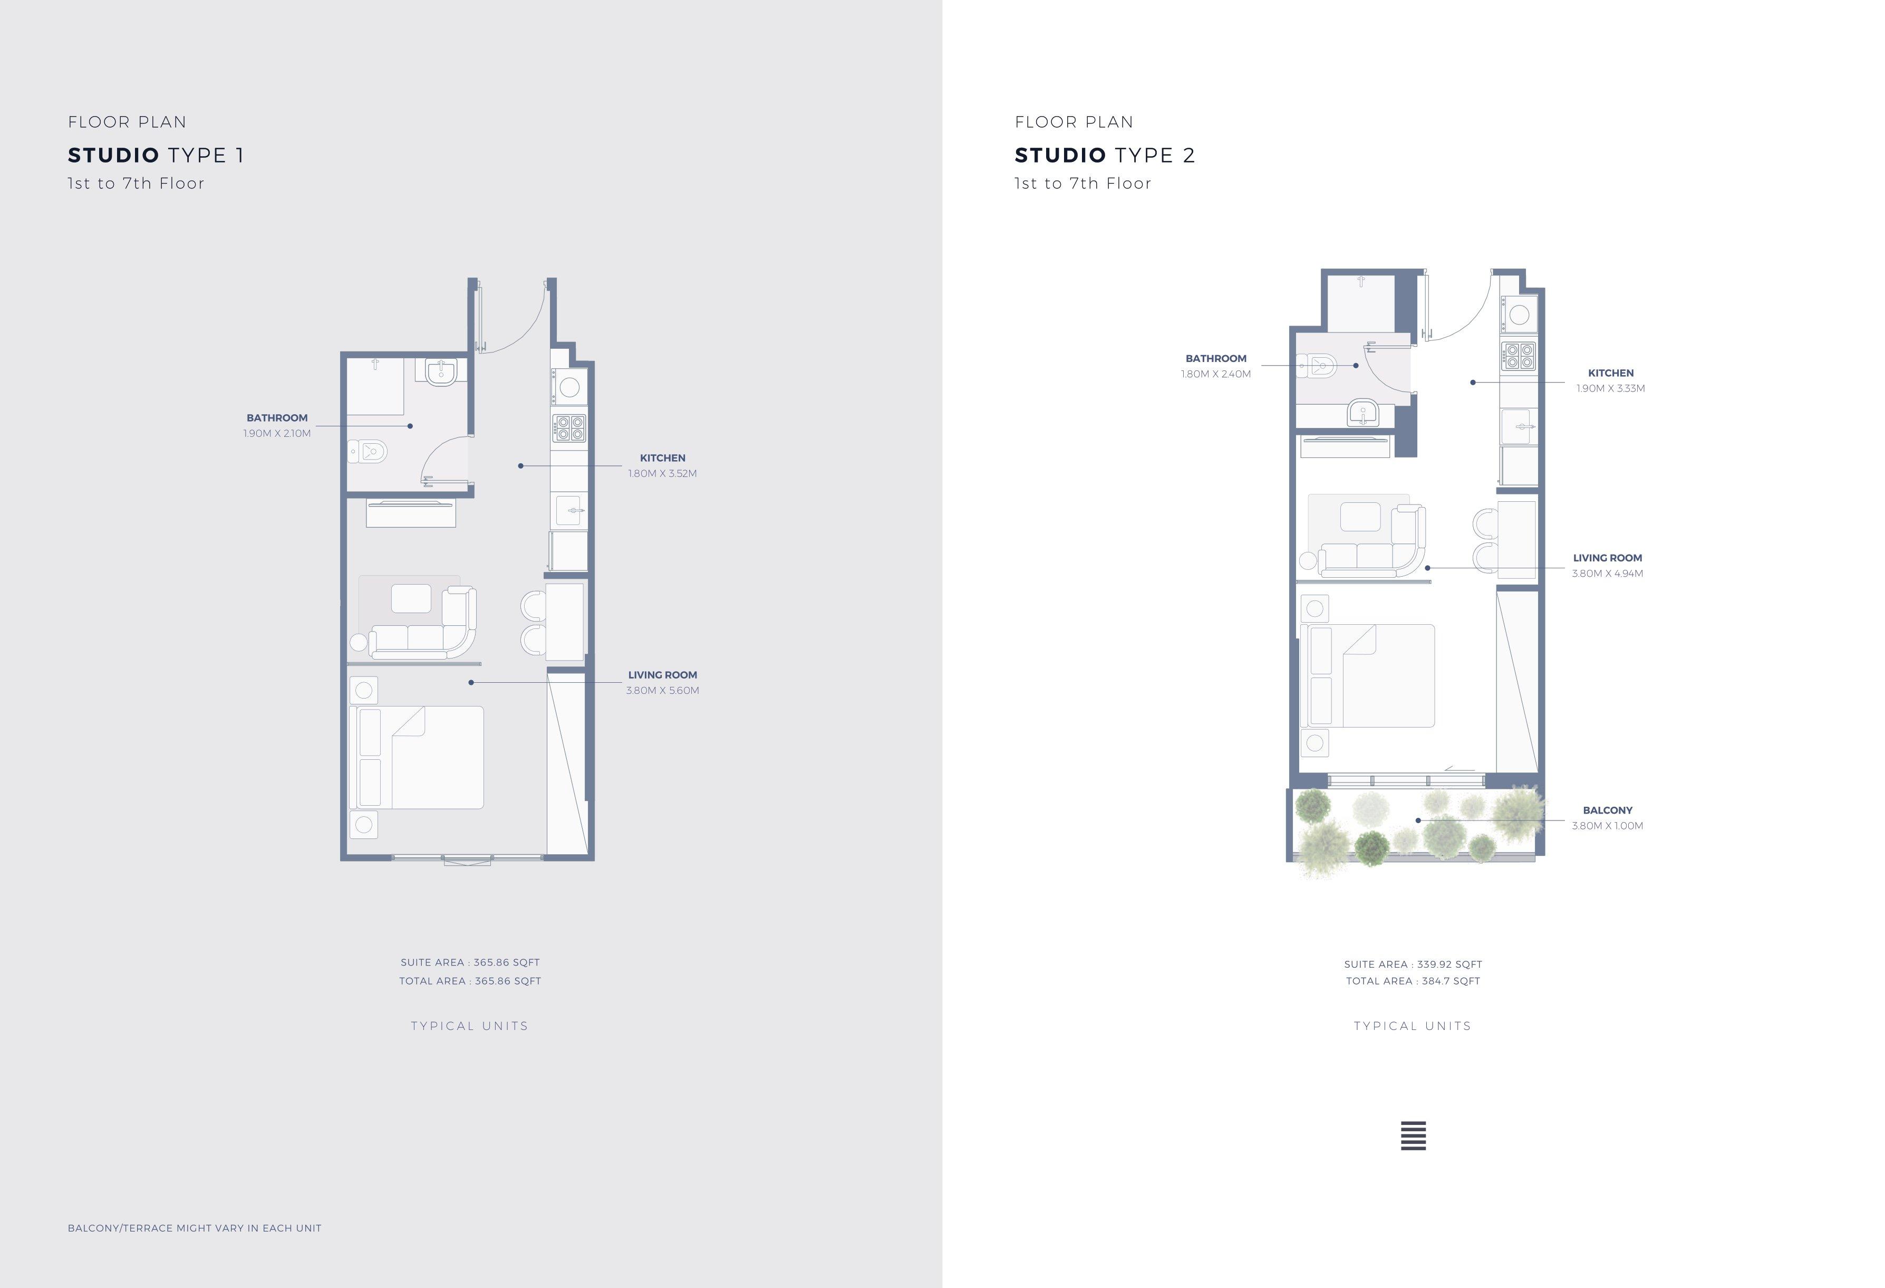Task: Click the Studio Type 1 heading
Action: (x=156, y=155)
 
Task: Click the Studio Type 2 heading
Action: (x=1105, y=155)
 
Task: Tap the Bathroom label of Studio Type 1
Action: (x=277, y=418)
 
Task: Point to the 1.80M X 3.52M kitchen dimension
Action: (x=662, y=473)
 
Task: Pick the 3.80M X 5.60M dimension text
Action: (x=662, y=691)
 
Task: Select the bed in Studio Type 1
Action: (x=416, y=757)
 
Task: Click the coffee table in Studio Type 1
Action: (x=411, y=598)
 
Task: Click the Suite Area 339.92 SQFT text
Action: (x=1413, y=964)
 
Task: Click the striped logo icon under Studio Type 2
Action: (x=1413, y=1136)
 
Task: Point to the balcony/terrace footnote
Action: (x=195, y=1228)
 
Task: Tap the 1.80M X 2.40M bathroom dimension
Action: (x=1216, y=374)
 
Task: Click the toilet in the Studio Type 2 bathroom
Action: (x=1317, y=366)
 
